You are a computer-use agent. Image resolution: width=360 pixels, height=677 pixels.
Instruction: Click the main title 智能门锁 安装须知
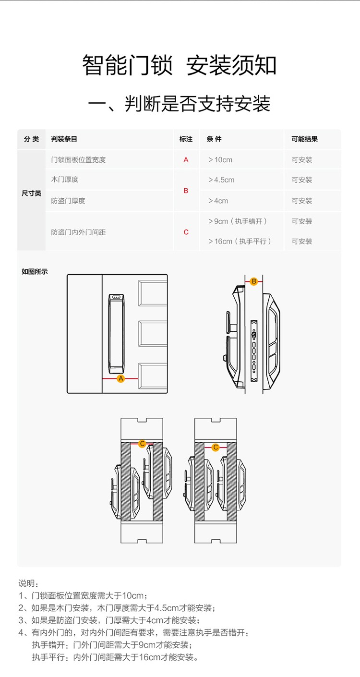click(180, 66)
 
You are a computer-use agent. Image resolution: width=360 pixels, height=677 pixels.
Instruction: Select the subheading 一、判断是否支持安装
click(180, 104)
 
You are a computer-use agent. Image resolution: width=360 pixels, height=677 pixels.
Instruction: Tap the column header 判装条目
click(64, 139)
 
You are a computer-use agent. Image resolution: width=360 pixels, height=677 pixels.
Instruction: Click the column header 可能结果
click(304, 139)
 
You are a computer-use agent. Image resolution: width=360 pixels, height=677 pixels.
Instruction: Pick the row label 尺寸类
click(32, 193)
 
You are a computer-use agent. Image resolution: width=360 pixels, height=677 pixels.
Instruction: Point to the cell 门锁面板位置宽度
click(78, 160)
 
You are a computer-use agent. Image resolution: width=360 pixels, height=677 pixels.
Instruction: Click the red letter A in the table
click(186, 160)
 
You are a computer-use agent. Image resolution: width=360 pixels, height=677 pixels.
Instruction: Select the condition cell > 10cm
click(220, 160)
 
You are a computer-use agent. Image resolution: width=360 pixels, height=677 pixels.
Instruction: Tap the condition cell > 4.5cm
click(221, 180)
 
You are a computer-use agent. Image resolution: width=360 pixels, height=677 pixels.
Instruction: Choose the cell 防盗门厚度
click(68, 201)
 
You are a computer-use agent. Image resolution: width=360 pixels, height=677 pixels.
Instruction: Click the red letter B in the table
click(186, 191)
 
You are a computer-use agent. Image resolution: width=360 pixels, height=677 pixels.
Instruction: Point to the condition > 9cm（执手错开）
click(238, 221)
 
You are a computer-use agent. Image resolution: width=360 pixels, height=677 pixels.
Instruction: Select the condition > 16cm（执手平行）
click(240, 242)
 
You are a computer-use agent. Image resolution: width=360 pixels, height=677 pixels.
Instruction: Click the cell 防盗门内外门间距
click(78, 232)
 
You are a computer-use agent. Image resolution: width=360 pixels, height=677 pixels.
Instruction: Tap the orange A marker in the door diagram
click(120, 379)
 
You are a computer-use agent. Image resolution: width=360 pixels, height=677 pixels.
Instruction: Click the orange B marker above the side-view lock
click(254, 281)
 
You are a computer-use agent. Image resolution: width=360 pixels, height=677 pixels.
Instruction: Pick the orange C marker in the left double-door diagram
click(142, 444)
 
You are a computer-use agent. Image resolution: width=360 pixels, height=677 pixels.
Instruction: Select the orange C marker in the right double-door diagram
click(216, 447)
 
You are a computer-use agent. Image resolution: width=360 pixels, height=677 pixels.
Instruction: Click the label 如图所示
click(35, 272)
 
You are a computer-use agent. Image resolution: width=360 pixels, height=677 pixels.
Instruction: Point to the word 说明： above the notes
click(28, 583)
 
